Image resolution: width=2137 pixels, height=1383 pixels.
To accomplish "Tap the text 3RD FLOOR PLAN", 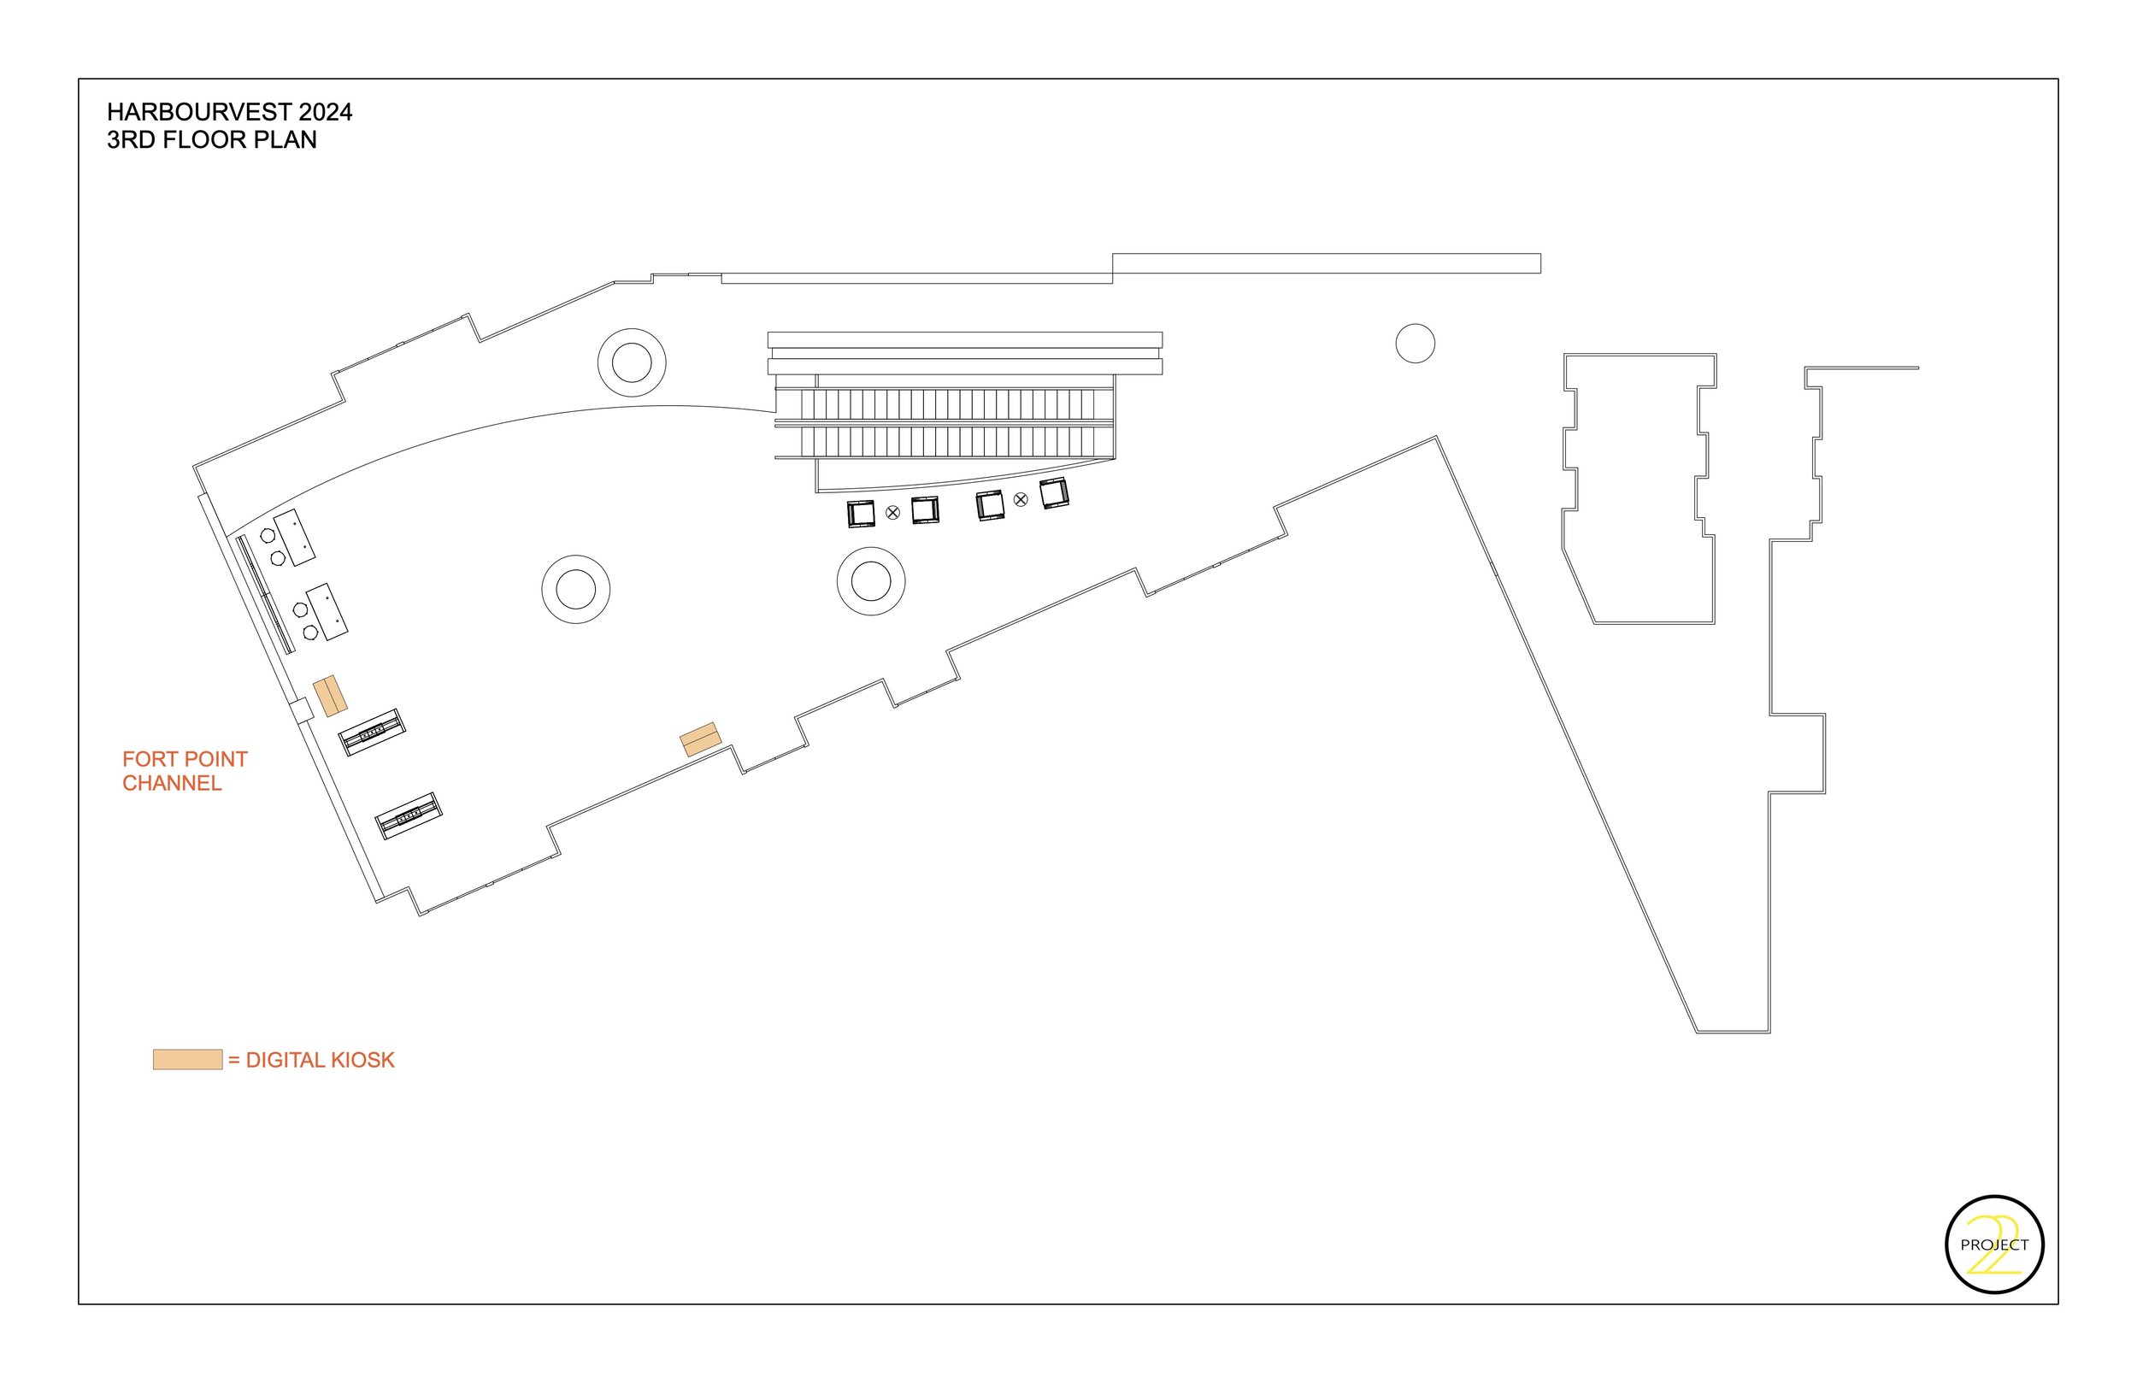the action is pos(212,140).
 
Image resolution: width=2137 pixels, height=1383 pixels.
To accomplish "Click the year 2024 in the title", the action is pos(325,112).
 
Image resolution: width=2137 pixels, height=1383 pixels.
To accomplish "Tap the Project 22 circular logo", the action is pos(1994,1245).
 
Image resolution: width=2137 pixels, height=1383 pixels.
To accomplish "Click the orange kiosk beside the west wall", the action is pos(330,696).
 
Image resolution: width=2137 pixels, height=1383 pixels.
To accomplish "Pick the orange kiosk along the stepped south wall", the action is pos(700,739).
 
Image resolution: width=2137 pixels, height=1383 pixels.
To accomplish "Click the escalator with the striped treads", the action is pos(945,423).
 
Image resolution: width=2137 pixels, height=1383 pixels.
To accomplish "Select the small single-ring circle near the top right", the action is pos(1415,344).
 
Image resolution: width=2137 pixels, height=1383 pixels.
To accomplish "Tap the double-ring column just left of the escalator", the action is pos(631,362).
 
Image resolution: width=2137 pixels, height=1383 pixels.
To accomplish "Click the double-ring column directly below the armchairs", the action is pos(870,582).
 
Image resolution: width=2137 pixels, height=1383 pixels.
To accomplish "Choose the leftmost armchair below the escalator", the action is pos(861,514).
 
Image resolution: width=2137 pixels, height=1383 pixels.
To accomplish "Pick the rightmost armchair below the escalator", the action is pos(1053,494).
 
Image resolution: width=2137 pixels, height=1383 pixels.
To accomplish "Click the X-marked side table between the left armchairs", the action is pos(892,513).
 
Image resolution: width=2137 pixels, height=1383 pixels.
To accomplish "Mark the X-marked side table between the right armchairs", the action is pos(1021,499).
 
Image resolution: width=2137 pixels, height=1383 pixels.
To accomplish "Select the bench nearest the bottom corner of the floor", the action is pos(409,815).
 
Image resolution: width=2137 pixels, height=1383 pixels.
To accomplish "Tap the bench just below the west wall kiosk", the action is pos(371,733).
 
